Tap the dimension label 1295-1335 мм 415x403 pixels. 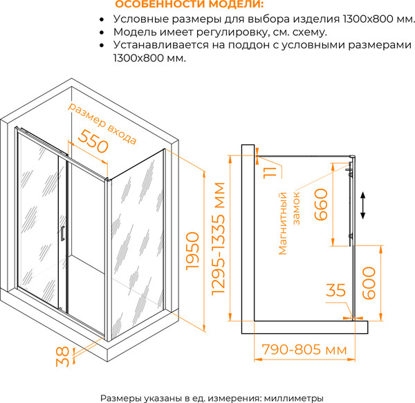pyautogui.click(x=219, y=239)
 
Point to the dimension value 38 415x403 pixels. pyautogui.click(x=63, y=355)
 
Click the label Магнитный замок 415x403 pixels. pyautogui.click(x=290, y=220)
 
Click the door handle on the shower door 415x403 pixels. pyautogui.click(x=62, y=233)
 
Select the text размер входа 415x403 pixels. pyautogui.click(x=103, y=122)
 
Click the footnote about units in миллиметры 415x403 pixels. pyautogui.click(x=212, y=398)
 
